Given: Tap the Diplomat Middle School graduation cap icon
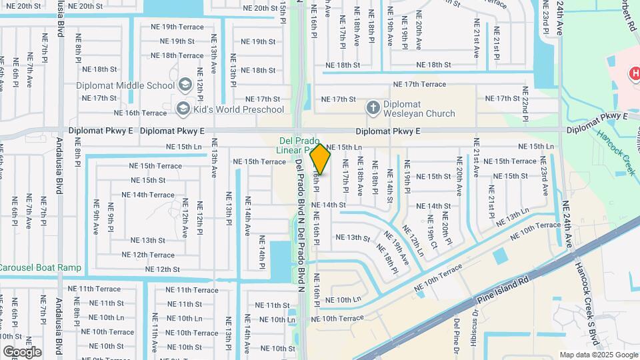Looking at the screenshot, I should pyautogui.click(x=185, y=85).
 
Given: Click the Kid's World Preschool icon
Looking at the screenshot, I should pyautogui.click(x=181, y=108).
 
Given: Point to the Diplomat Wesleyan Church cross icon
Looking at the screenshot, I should pyautogui.click(x=373, y=107).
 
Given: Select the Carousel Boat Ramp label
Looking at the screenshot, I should pyautogui.click(x=40, y=268).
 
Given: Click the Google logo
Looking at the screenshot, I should pyautogui.click(x=23, y=351).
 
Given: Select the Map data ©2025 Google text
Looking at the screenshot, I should pyautogui.click(x=599, y=355).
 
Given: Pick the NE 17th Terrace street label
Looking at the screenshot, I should pyautogui.click(x=419, y=85).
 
